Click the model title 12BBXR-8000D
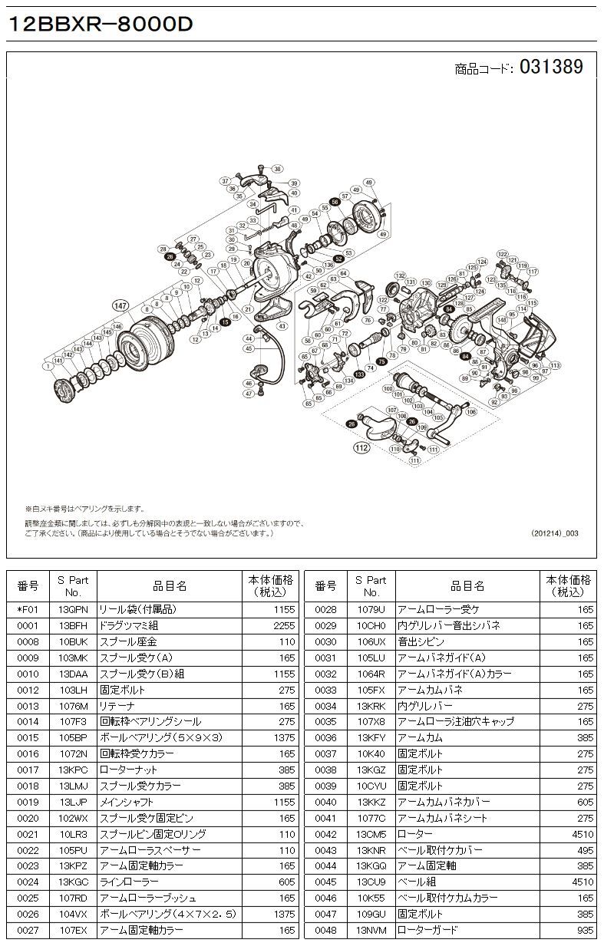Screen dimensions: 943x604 [x=99, y=24]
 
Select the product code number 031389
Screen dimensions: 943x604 [x=551, y=68]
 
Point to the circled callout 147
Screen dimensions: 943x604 [x=120, y=305]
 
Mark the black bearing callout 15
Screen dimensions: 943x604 [x=225, y=322]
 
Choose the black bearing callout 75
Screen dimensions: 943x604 [x=382, y=361]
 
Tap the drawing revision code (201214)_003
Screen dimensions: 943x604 [x=555, y=532]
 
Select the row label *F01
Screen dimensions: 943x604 [x=28, y=609]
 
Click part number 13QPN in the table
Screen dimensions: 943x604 [x=73, y=609]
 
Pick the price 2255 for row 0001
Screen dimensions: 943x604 [x=283, y=625]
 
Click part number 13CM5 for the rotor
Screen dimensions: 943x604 [x=371, y=834]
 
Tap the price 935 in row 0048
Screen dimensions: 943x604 [x=585, y=930]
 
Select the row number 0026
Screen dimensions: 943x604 [x=28, y=914]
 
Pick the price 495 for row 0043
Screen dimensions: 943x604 [x=585, y=850]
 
